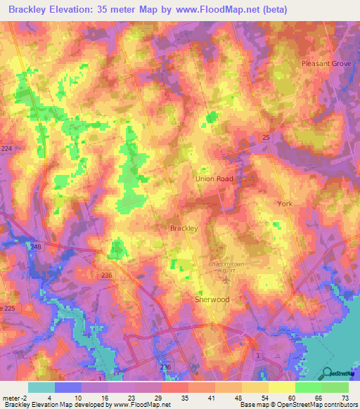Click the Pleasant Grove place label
pyautogui.click(x=326, y=63)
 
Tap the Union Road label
pyautogui.click(x=214, y=178)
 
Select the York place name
pyautogui.click(x=284, y=203)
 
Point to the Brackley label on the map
pyautogui.click(x=184, y=228)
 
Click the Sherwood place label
pyautogui.click(x=212, y=299)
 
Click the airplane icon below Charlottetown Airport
pyautogui.click(x=225, y=279)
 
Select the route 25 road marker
pyautogui.click(x=265, y=136)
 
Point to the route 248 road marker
pyautogui.click(x=36, y=247)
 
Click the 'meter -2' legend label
pyautogui.click(x=15, y=398)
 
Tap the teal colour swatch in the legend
pyautogui.click(x=41, y=387)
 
